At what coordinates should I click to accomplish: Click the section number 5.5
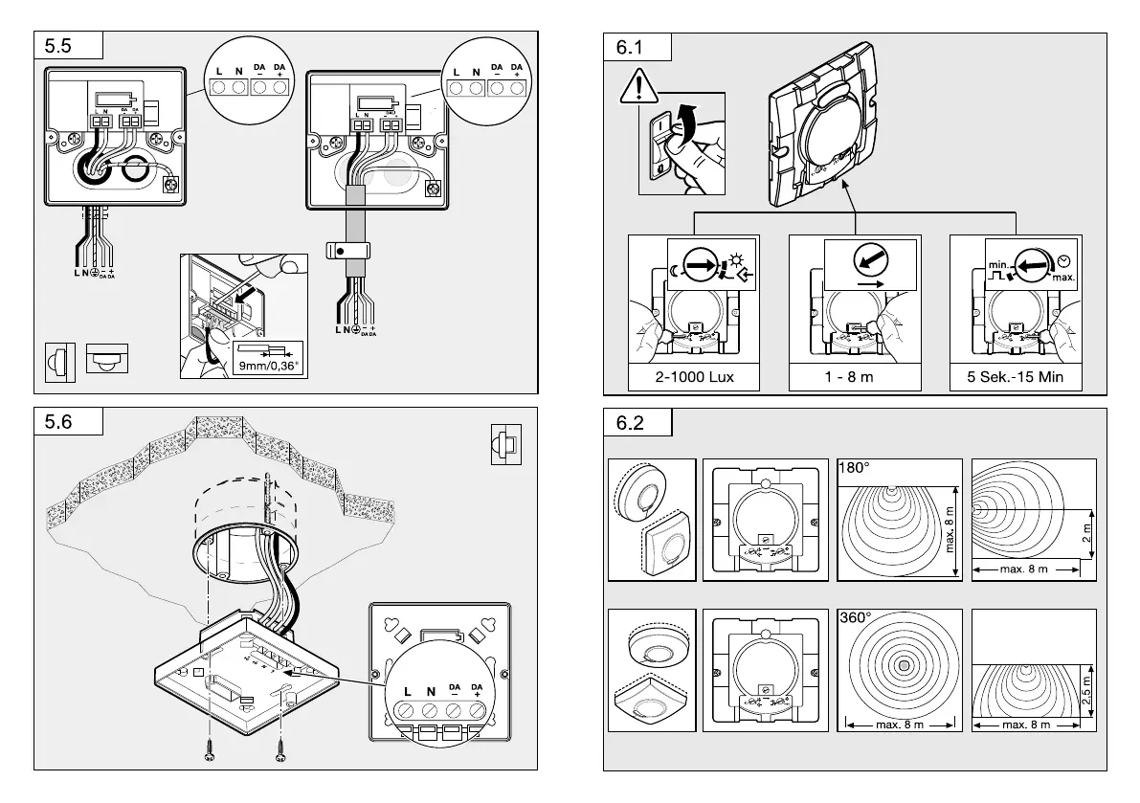click(x=59, y=46)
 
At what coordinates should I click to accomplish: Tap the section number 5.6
click(x=59, y=422)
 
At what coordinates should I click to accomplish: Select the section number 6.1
click(x=631, y=46)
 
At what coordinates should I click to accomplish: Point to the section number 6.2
click(x=631, y=422)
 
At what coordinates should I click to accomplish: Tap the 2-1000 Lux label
click(x=694, y=377)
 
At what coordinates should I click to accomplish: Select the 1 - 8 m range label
click(x=849, y=377)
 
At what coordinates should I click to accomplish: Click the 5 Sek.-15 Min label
click(x=1015, y=377)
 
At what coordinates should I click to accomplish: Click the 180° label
click(x=854, y=469)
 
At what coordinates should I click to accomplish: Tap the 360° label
click(x=855, y=618)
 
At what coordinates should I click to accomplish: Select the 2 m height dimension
click(x=1085, y=533)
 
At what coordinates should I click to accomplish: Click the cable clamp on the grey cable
click(x=348, y=251)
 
